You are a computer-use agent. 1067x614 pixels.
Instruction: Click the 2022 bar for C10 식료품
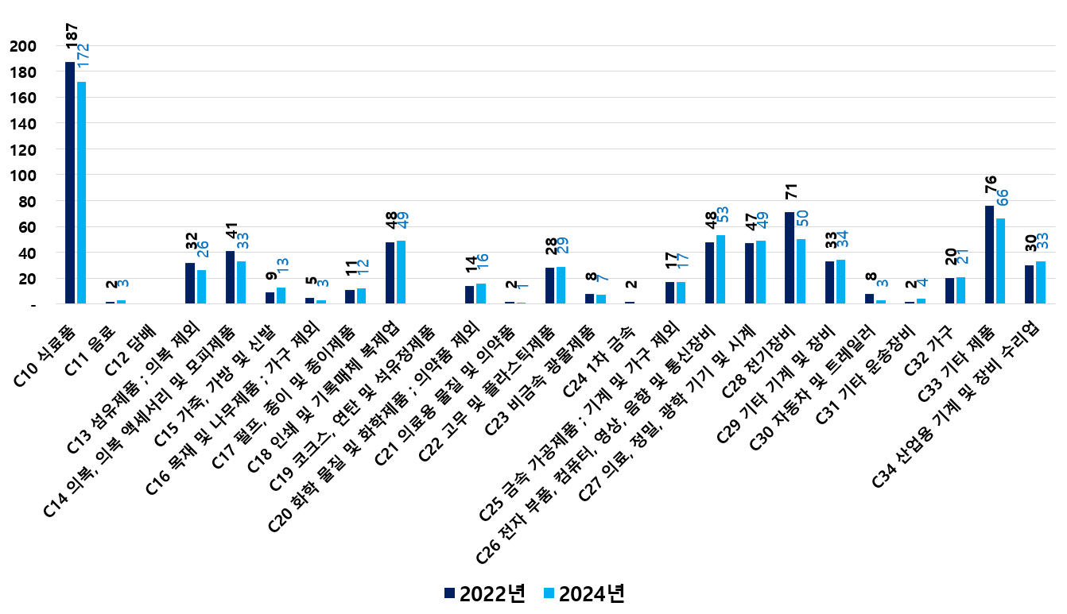[x=70, y=183]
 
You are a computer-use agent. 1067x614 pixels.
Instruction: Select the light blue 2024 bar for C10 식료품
[x=81, y=192]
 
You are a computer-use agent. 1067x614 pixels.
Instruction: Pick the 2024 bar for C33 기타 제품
[x=1001, y=261]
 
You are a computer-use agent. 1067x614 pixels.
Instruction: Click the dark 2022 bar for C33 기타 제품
[x=989, y=254]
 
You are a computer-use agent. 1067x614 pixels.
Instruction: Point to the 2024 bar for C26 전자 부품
[x=721, y=269]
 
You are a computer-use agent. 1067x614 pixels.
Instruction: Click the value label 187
[x=72, y=37]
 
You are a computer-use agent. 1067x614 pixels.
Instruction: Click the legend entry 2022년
[x=485, y=593]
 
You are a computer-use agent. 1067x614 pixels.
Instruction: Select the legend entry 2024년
[x=583, y=593]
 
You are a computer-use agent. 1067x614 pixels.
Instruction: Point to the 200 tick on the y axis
[x=24, y=46]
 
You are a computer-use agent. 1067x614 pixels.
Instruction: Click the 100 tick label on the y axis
[x=24, y=176]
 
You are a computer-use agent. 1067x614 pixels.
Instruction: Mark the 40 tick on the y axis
[x=28, y=253]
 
